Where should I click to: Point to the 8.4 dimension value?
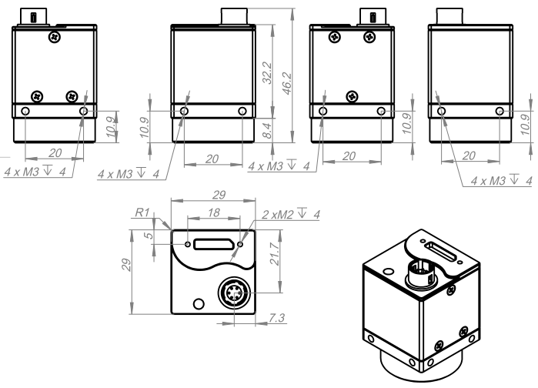[266, 125]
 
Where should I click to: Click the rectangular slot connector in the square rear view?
[213, 245]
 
